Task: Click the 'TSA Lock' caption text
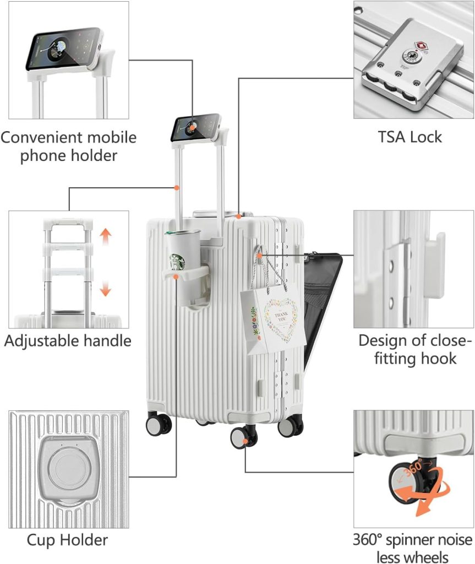(x=410, y=137)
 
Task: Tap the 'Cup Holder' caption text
(x=67, y=539)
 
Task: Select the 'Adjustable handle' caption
(x=68, y=340)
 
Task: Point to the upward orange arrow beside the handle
(x=106, y=237)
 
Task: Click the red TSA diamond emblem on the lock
(x=421, y=44)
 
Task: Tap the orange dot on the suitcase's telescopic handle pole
(x=177, y=188)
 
